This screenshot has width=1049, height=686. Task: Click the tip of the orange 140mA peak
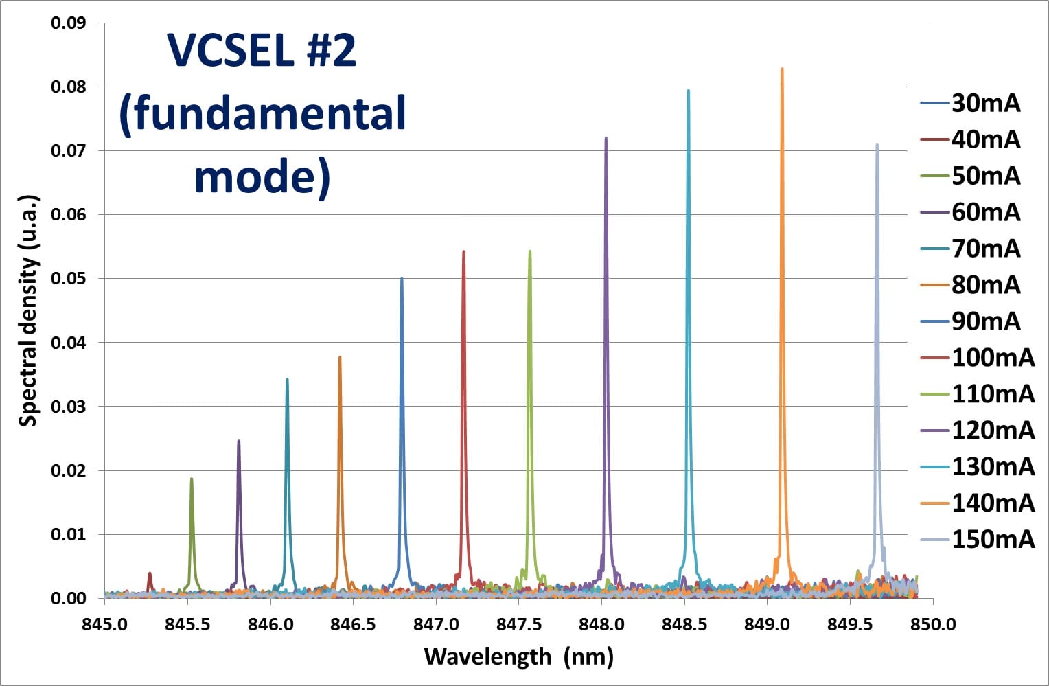782,69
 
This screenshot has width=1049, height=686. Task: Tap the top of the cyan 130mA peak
688,91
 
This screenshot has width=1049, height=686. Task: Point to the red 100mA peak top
463,252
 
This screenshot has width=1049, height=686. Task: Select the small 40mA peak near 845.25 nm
150,574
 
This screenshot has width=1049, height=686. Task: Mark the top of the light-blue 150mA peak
877,146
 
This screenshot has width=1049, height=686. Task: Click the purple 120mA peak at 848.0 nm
606,139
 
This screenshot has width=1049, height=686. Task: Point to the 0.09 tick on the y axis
68,23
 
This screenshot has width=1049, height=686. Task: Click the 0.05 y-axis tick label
68,279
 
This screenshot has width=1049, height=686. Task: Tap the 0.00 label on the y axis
68,598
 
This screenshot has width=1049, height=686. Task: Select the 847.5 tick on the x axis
518,624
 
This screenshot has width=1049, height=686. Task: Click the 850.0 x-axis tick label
932,624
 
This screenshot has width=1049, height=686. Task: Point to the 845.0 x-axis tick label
104,624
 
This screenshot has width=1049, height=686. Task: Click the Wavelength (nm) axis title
518,656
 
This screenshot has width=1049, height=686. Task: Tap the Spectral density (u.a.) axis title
27,310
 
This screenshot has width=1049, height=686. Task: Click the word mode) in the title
262,176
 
